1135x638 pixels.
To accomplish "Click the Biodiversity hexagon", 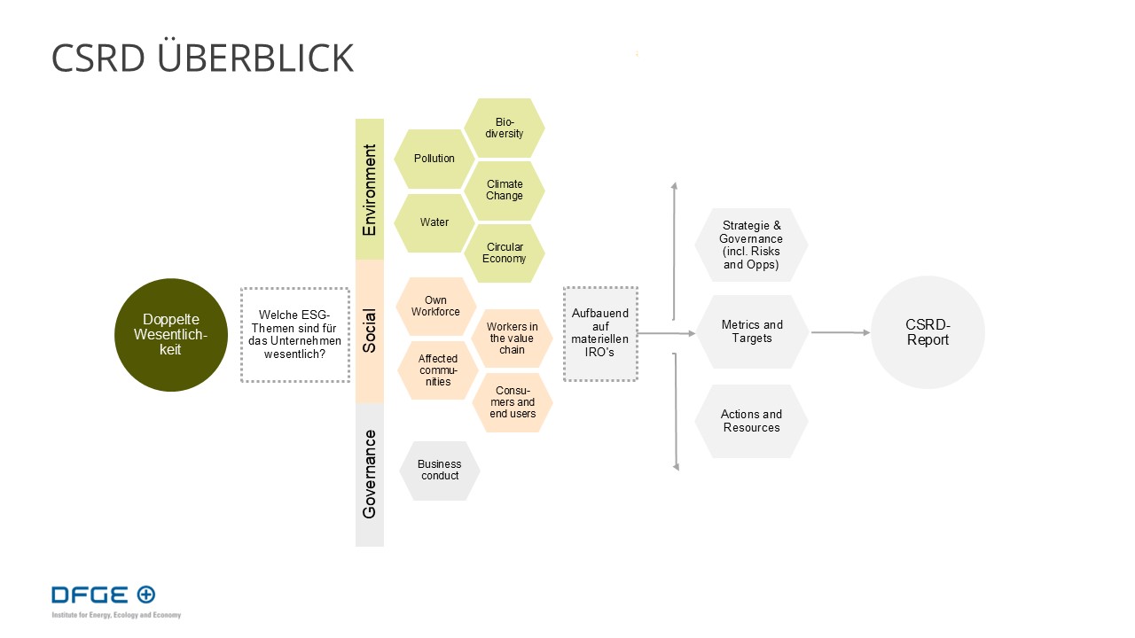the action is click(x=505, y=128).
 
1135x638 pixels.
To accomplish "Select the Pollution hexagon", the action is click(x=434, y=159).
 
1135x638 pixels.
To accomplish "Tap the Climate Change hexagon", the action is click(x=505, y=191).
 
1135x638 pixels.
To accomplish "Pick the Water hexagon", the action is click(x=434, y=222).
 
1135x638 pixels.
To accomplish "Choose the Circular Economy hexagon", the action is click(x=505, y=253).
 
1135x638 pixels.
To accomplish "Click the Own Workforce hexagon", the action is click(x=435, y=306).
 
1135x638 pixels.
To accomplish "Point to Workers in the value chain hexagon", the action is click(x=512, y=338).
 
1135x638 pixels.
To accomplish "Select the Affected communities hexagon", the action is click(x=438, y=370).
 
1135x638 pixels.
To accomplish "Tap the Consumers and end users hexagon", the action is click(x=513, y=402).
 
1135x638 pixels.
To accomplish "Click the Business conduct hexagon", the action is click(x=440, y=471).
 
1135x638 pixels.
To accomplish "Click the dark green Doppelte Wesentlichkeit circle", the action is click(x=171, y=335).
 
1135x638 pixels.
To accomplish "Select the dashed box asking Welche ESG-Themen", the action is click(x=295, y=335).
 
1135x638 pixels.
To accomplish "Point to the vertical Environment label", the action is click(x=370, y=190).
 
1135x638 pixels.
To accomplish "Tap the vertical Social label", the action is click(x=370, y=331).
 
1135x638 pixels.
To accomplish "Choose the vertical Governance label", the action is click(x=370, y=474).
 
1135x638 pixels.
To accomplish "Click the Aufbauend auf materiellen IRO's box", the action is click(x=600, y=334).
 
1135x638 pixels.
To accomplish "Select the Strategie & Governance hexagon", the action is click(x=751, y=245).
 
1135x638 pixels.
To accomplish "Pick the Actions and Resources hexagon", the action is click(x=751, y=421).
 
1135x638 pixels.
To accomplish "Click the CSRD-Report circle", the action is click(x=928, y=332).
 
